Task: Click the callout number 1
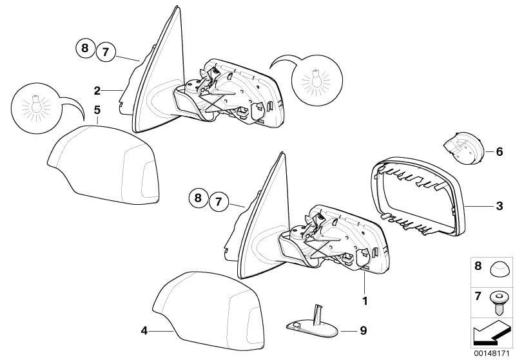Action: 365,301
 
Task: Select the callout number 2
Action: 97,91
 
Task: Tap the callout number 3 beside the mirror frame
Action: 500,206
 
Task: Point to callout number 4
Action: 144,331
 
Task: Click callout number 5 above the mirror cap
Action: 97,110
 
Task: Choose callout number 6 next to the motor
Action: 500,151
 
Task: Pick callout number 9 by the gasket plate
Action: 364,330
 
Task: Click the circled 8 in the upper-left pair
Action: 85,48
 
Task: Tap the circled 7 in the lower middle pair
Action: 219,201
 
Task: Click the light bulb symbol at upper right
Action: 317,81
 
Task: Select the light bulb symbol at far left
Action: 37,108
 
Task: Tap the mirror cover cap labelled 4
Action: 209,310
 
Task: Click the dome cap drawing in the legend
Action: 499,269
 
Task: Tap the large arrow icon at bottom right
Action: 491,333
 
